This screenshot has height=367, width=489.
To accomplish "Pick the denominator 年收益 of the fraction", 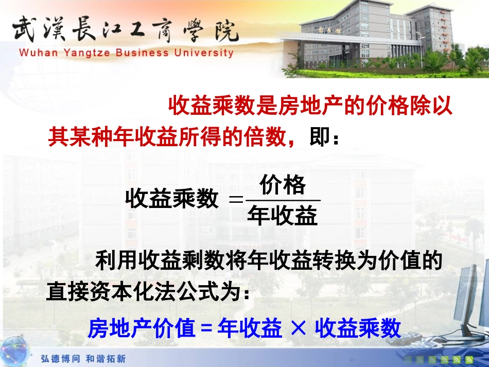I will [x=282, y=216].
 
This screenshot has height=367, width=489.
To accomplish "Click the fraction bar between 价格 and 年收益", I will [x=283, y=200].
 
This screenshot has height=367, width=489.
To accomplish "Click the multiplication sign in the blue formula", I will [x=298, y=327].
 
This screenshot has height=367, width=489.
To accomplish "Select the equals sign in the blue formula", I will [x=205, y=328].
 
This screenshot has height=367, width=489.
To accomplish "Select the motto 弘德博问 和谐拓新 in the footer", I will [x=83, y=358].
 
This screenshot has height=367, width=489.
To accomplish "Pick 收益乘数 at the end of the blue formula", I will [x=358, y=328].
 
